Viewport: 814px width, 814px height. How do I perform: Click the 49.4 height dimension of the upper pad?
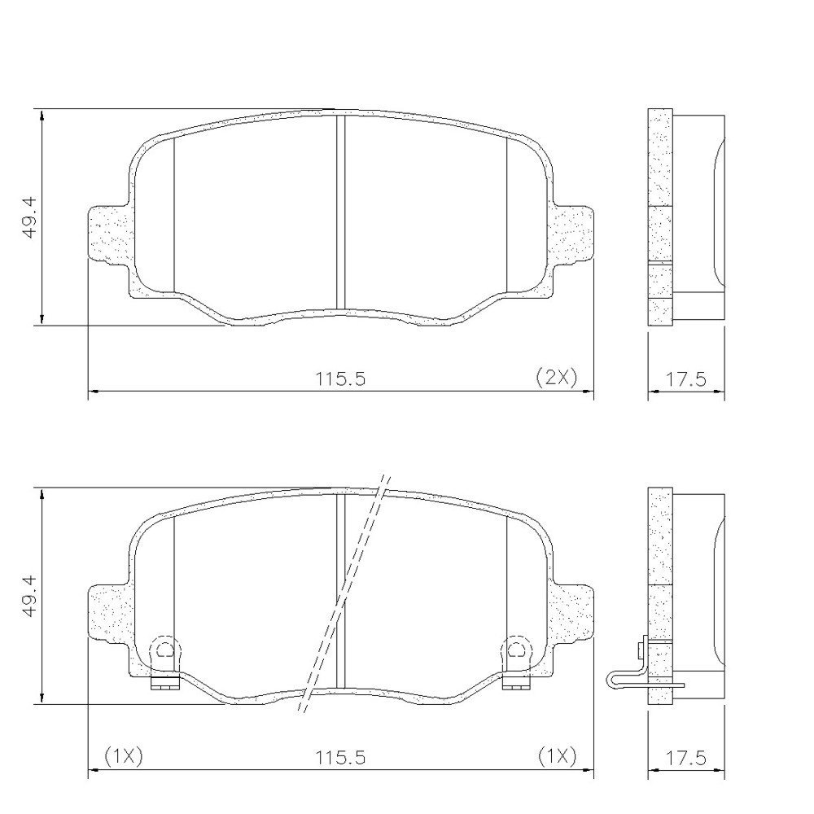(29, 217)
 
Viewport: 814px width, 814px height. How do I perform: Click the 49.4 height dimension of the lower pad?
(29, 596)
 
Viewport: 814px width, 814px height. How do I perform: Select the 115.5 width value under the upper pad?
(341, 379)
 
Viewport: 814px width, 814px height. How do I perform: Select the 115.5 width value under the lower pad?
(341, 757)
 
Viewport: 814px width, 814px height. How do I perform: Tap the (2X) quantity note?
(556, 377)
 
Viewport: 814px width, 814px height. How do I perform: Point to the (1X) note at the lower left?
(124, 756)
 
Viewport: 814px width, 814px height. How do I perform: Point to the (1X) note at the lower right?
(557, 756)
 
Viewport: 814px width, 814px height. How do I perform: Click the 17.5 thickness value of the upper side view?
(686, 379)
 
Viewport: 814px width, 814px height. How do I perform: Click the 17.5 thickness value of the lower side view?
(686, 758)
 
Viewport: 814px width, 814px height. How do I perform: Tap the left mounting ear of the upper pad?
(109, 234)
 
